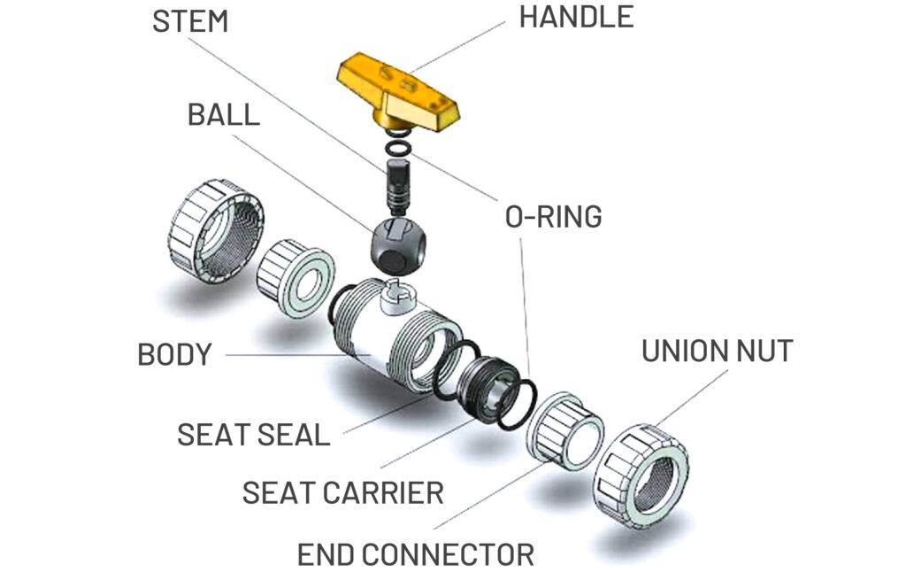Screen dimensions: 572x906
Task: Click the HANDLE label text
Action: [576, 18]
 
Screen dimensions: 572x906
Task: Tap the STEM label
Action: [190, 21]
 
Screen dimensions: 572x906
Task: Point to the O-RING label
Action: [553, 215]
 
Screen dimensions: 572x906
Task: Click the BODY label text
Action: [174, 354]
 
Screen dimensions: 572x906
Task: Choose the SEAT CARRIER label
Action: [343, 492]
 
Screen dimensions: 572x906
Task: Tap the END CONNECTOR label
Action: [415, 554]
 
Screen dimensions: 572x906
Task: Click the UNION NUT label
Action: [717, 351]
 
